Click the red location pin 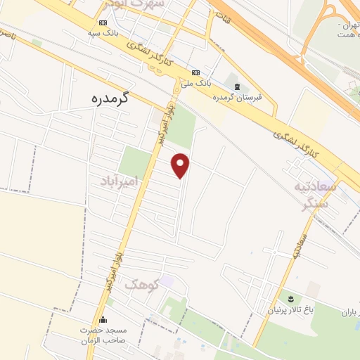pyautogui.click(x=181, y=165)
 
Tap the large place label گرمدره pyautogui.click(x=113, y=98)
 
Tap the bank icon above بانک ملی pyautogui.click(x=195, y=73)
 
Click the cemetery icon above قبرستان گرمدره pyautogui.click(x=238, y=86)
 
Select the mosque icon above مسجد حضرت pyautogui.click(x=103, y=321)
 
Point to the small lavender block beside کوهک pyautogui.click(x=167, y=283)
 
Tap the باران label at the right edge pyautogui.click(x=349, y=311)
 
